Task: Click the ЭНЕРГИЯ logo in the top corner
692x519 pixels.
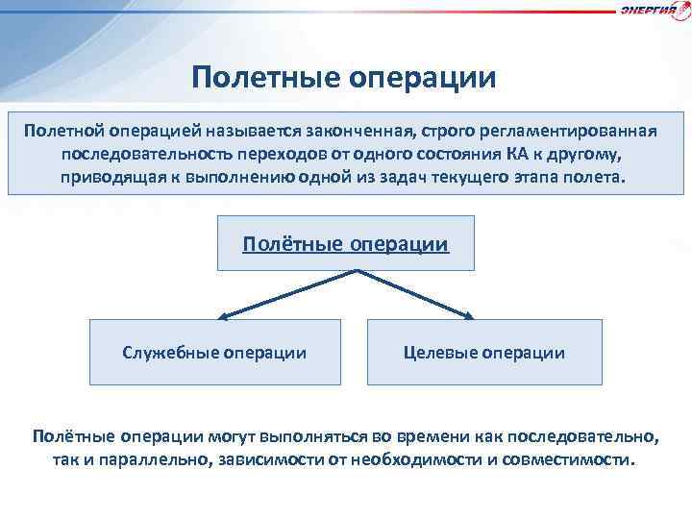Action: pyautogui.click(x=654, y=11)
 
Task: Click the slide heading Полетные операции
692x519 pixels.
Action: pyautogui.click(x=344, y=77)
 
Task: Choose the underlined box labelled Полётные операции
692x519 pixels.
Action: pyautogui.click(x=345, y=243)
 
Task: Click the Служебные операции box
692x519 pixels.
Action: pyautogui.click(x=214, y=353)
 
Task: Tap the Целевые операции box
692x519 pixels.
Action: pyautogui.click(x=483, y=353)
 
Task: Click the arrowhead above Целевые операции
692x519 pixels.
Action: pyautogui.click(x=469, y=314)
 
